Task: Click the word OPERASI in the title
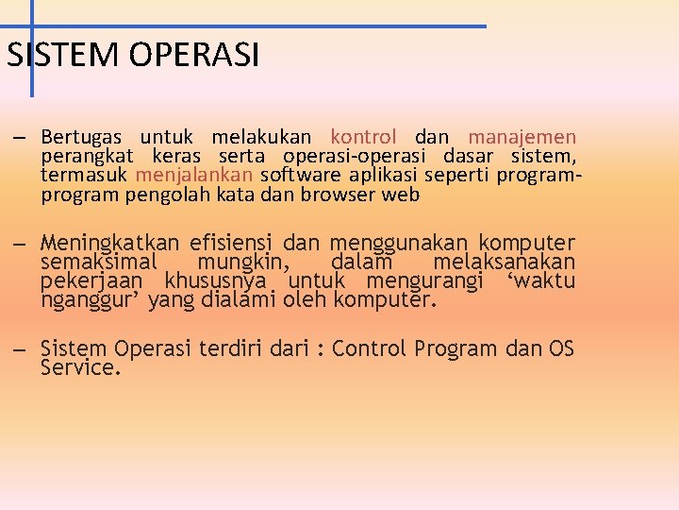coord(195,56)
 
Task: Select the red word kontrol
coord(364,137)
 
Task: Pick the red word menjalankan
coord(194,176)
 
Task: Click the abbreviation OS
coord(561,348)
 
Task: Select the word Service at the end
coord(81,368)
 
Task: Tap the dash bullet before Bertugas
coord(19,138)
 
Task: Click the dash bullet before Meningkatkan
coord(19,243)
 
